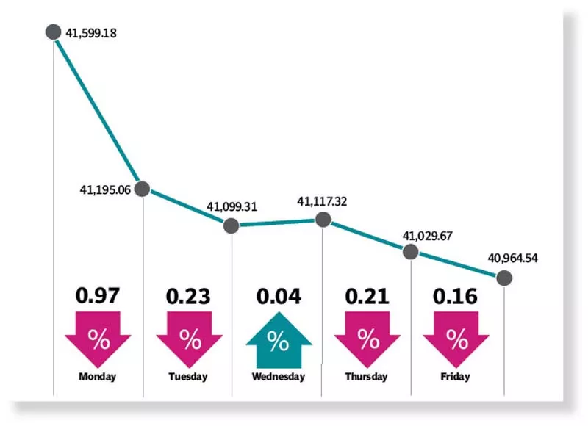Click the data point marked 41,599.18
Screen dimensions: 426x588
[x=53, y=32]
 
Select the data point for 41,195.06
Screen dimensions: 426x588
[x=143, y=189]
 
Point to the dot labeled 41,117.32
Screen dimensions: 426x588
[x=322, y=219]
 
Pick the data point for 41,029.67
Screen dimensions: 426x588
[x=411, y=252]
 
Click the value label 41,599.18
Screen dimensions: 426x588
[x=93, y=33]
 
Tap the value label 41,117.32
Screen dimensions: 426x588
[x=322, y=200]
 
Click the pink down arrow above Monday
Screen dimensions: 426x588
[x=98, y=339]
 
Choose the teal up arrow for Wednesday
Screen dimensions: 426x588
[x=277, y=340]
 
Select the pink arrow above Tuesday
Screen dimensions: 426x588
[x=189, y=339]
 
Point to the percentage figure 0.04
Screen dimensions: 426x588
[x=278, y=297]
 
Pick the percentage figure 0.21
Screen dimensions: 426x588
[x=367, y=297]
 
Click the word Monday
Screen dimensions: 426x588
[x=98, y=377]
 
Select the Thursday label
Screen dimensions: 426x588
[x=366, y=377]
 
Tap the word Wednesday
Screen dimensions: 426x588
[x=277, y=377]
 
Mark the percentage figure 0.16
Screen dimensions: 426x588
[x=456, y=297]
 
